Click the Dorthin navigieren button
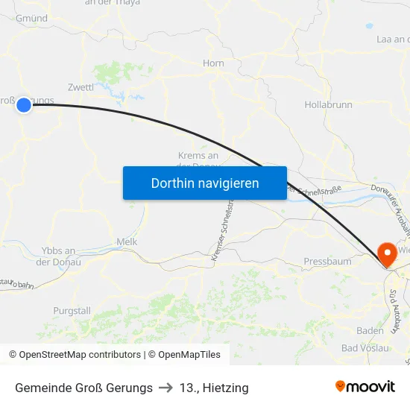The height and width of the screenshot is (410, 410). [205, 183]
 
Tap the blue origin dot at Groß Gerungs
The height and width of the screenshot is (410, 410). [24, 105]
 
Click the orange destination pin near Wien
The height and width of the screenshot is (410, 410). [388, 255]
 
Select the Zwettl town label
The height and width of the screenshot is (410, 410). [81, 87]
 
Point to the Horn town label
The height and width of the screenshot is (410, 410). [213, 63]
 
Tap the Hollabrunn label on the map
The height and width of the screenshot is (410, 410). [328, 105]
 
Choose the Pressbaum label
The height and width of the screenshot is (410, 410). [327, 262]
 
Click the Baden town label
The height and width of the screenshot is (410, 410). [370, 330]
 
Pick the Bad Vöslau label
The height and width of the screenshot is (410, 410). [365, 348]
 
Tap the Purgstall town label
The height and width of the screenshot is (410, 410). [72, 310]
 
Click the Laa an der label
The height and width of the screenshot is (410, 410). [393, 39]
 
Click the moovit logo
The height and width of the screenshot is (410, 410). [365, 386]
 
